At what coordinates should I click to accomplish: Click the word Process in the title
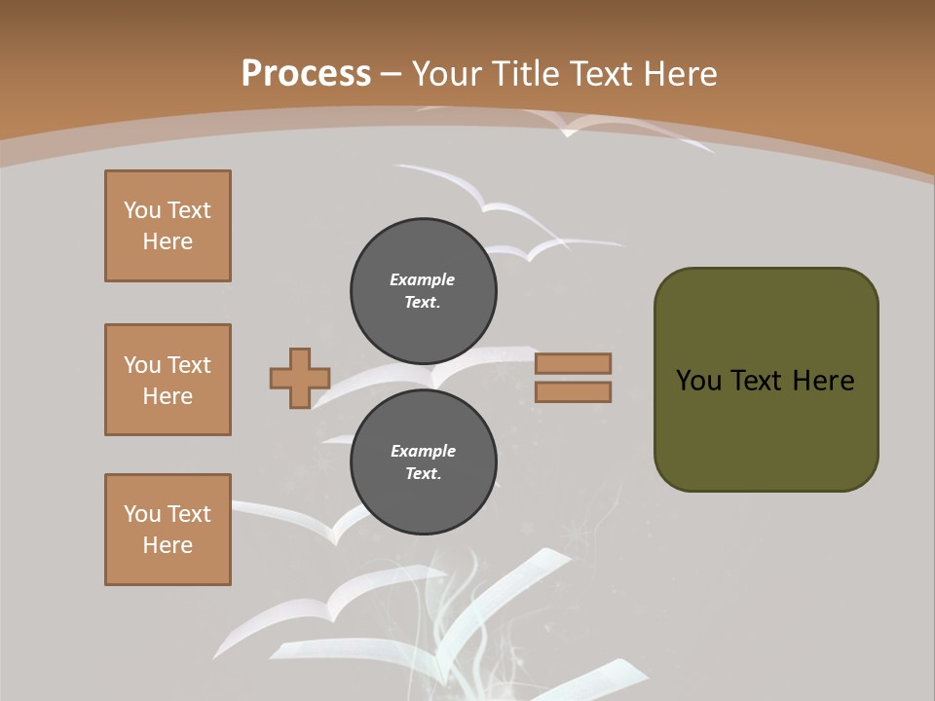pos(306,74)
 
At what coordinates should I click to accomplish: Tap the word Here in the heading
pos(679,74)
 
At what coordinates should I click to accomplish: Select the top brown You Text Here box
pos(168,226)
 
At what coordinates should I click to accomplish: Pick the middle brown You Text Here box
pos(168,380)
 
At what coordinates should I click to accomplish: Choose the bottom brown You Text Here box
pos(168,530)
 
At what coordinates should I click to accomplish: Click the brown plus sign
pos(300,378)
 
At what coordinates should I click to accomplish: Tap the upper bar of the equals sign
pos(573,363)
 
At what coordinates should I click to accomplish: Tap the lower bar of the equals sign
pos(573,391)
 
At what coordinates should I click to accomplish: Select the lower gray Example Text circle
pos(424,461)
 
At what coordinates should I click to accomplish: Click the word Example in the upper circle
pos(423,279)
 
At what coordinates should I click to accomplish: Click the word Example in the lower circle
pos(423,451)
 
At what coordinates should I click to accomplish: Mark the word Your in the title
pos(444,74)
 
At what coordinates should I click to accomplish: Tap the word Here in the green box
pos(823,381)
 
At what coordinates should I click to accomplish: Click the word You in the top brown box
pos(140,210)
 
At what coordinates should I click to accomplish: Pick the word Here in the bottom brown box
pos(168,545)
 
